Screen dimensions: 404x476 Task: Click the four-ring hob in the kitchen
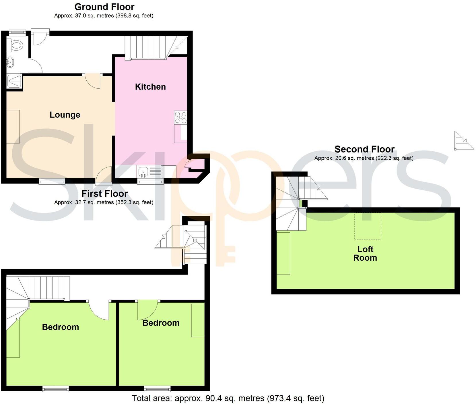(180, 117)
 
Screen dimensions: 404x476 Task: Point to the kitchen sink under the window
(143, 172)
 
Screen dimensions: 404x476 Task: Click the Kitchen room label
(150, 87)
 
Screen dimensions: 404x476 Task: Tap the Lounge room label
(65, 115)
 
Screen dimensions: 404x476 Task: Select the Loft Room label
(365, 254)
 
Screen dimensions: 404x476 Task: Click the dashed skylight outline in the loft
(368, 226)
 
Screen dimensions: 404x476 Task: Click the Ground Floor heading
(104, 7)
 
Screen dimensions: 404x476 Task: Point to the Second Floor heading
(364, 149)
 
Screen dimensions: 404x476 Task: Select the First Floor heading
(104, 194)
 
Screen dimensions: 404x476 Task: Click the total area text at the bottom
(228, 398)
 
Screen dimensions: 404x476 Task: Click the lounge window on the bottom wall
(52, 181)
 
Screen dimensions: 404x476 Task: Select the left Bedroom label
(60, 327)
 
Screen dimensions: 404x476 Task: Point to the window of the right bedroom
(157, 389)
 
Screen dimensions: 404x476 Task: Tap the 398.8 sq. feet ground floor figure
(134, 16)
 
